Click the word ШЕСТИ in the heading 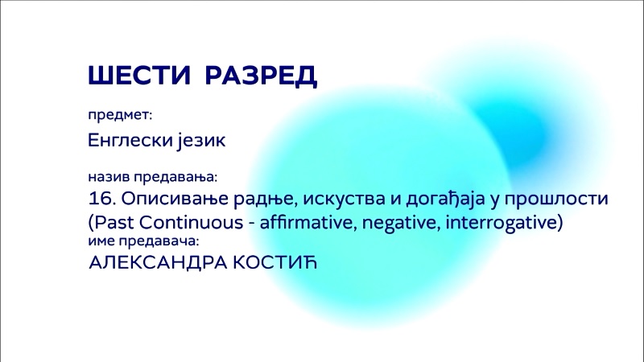click(139, 75)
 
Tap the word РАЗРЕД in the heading click(261, 76)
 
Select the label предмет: click(120, 115)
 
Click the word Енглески click(130, 140)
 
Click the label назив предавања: click(153, 177)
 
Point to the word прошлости click(556, 200)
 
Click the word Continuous click(192, 223)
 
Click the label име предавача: click(144, 241)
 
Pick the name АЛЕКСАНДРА click(158, 263)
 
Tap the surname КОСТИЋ click(275, 262)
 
